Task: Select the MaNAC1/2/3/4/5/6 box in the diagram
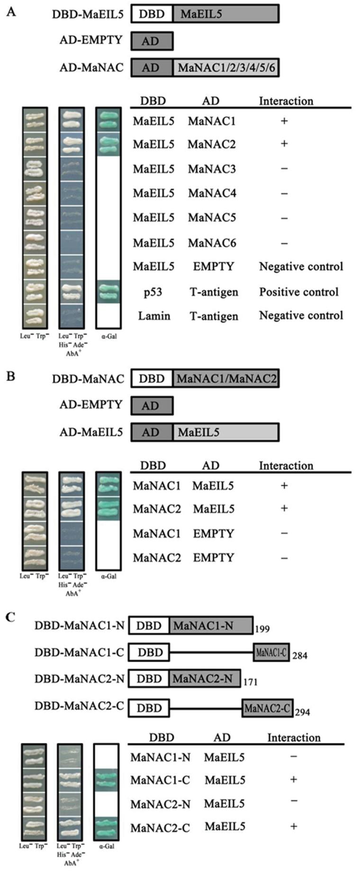226,68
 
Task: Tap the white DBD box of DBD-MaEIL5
152,14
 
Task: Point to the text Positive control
298,292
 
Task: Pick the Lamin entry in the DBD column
153,316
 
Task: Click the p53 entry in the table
153,292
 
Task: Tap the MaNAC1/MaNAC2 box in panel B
226,379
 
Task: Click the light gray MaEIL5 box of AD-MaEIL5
226,432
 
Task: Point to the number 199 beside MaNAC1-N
262,629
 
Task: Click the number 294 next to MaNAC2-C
302,712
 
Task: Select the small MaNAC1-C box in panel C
271,652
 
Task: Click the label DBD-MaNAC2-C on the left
79,706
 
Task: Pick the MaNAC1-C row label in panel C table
160,780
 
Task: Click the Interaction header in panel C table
294,737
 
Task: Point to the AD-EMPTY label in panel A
91,40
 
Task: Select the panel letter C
10,617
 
